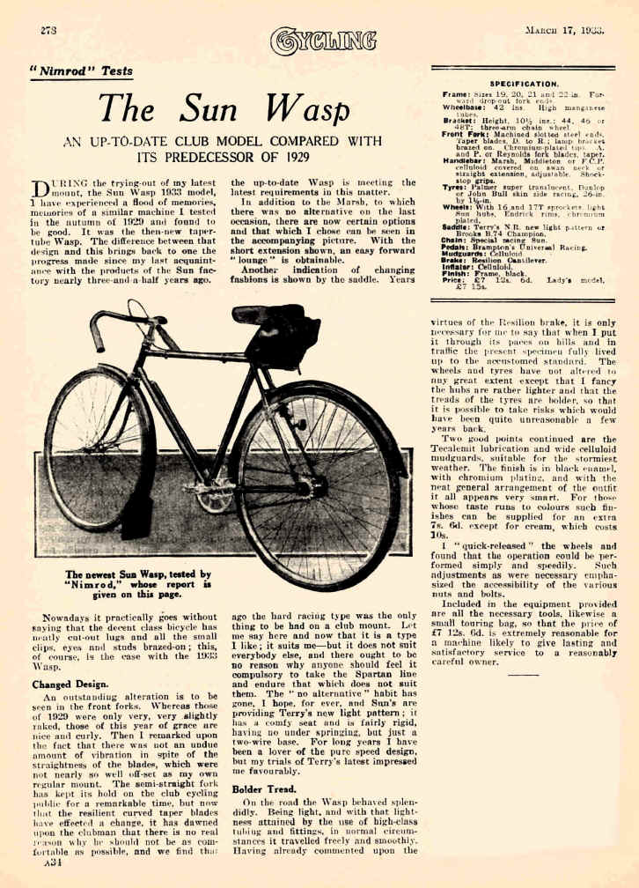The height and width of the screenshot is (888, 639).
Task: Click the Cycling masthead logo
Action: click(323, 39)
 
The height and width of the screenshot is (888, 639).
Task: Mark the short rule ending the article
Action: click(522, 674)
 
